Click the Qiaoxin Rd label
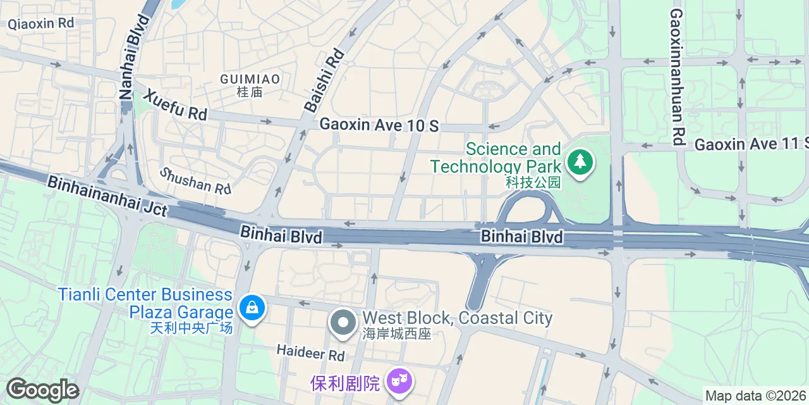coord(41,23)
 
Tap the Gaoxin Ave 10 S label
coord(379,125)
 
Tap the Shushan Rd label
coord(195,180)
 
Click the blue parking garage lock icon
coord(252,309)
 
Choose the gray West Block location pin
coord(343,322)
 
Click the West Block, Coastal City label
coord(457,318)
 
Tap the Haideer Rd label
coord(310,352)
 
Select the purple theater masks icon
coord(399,382)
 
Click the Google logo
coord(42,390)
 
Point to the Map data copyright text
coord(756,396)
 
